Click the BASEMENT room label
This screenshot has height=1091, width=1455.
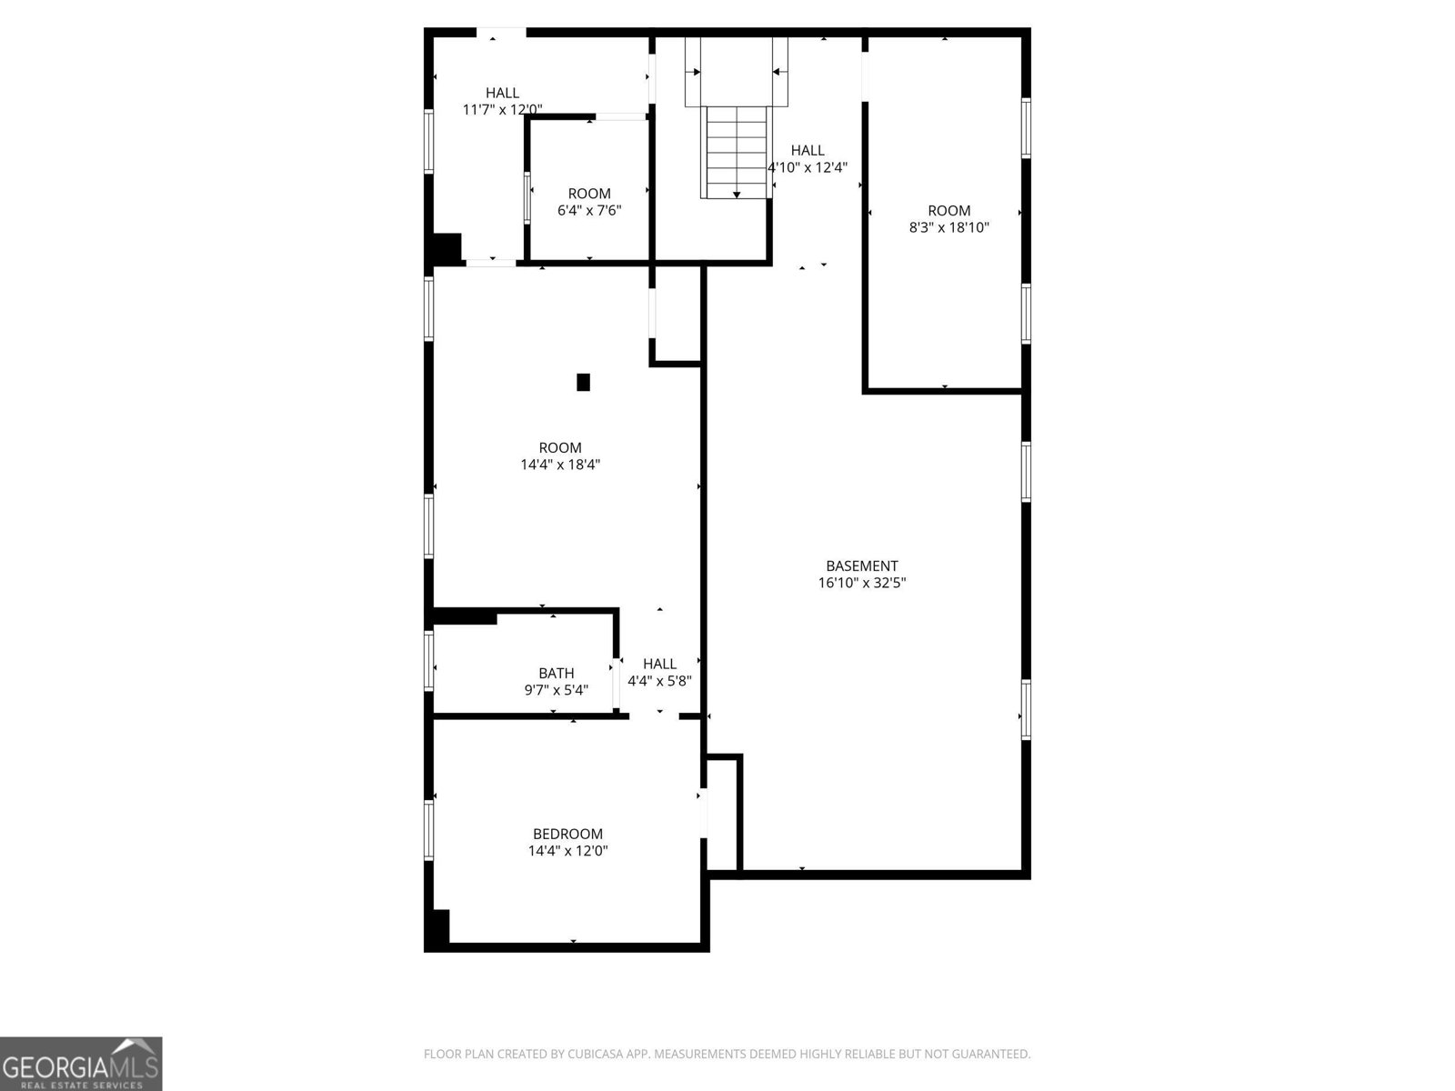coord(861,566)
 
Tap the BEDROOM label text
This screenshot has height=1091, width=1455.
coord(567,834)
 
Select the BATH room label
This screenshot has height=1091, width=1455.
coord(556,673)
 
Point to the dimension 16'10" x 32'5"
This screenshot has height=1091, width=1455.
coord(861,583)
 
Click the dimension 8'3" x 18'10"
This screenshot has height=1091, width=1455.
coord(948,228)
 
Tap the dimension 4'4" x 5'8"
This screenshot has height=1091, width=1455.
coord(659,681)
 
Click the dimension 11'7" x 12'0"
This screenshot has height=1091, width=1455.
coord(502,110)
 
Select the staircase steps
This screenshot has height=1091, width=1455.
coord(736,150)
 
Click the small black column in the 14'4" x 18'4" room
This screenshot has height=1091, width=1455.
coord(583,382)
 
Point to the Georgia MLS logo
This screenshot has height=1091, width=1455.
coord(81,1063)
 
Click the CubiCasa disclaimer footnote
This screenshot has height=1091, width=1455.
coord(727,1054)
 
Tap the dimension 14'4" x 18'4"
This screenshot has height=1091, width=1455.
coord(560,465)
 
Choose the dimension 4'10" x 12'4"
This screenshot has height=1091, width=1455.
coord(808,167)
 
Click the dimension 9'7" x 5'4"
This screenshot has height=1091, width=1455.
coord(556,690)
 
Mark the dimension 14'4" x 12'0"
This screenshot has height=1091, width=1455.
coord(567,851)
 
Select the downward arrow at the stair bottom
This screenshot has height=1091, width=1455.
coord(736,194)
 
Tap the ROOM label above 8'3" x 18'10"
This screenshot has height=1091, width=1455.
coord(948,211)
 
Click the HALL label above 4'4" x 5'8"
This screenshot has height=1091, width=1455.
coord(659,664)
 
